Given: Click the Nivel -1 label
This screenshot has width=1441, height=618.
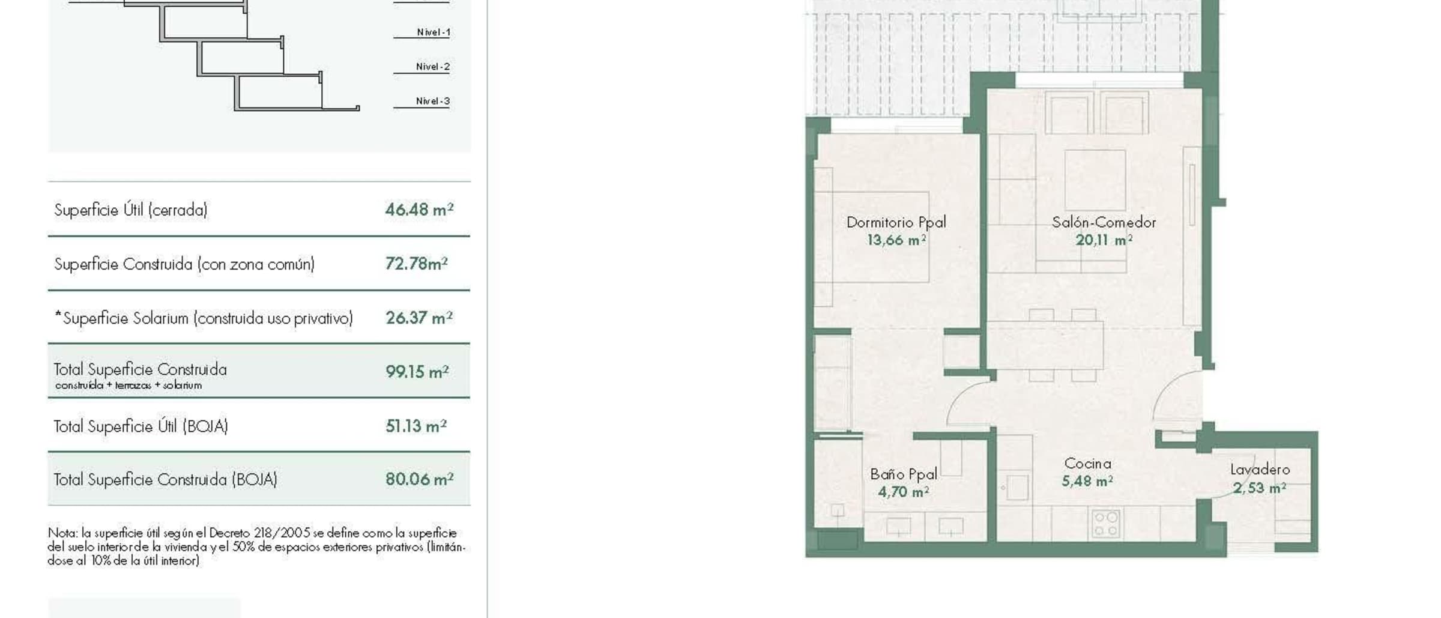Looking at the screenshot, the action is coord(433,32).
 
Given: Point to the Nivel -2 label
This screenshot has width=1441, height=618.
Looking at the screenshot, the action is coord(432,67).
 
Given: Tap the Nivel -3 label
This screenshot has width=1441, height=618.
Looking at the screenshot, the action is coord(432,101).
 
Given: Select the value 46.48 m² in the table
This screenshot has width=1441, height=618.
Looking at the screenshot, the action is coord(419,210).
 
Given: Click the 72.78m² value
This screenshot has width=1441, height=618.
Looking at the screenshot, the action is coord(416,264).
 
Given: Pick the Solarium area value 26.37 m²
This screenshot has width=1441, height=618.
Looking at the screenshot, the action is coord(419,318).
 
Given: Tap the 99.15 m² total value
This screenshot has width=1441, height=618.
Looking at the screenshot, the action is coord(417,372).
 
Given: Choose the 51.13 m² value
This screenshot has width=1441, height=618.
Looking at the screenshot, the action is coord(415,426).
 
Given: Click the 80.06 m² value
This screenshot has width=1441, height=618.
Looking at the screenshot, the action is coord(419,479).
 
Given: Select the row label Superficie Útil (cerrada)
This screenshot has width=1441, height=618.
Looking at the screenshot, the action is coord(131,210).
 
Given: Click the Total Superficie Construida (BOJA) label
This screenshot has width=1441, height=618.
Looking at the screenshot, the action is coord(165,479).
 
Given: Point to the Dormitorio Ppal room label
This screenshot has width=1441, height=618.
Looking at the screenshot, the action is coord(896,222).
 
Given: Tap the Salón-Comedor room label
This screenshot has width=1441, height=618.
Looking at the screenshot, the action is coord(1104,222).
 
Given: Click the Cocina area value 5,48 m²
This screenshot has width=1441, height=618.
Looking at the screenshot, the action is coord(1087,481).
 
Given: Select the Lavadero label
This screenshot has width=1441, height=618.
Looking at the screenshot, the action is coord(1260,470).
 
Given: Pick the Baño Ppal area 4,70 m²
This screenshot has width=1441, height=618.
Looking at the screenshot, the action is coord(903,492).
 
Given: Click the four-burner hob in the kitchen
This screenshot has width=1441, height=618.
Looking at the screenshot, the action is coord(1105,523).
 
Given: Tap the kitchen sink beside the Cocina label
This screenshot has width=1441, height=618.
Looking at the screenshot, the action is coord(1017,487).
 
